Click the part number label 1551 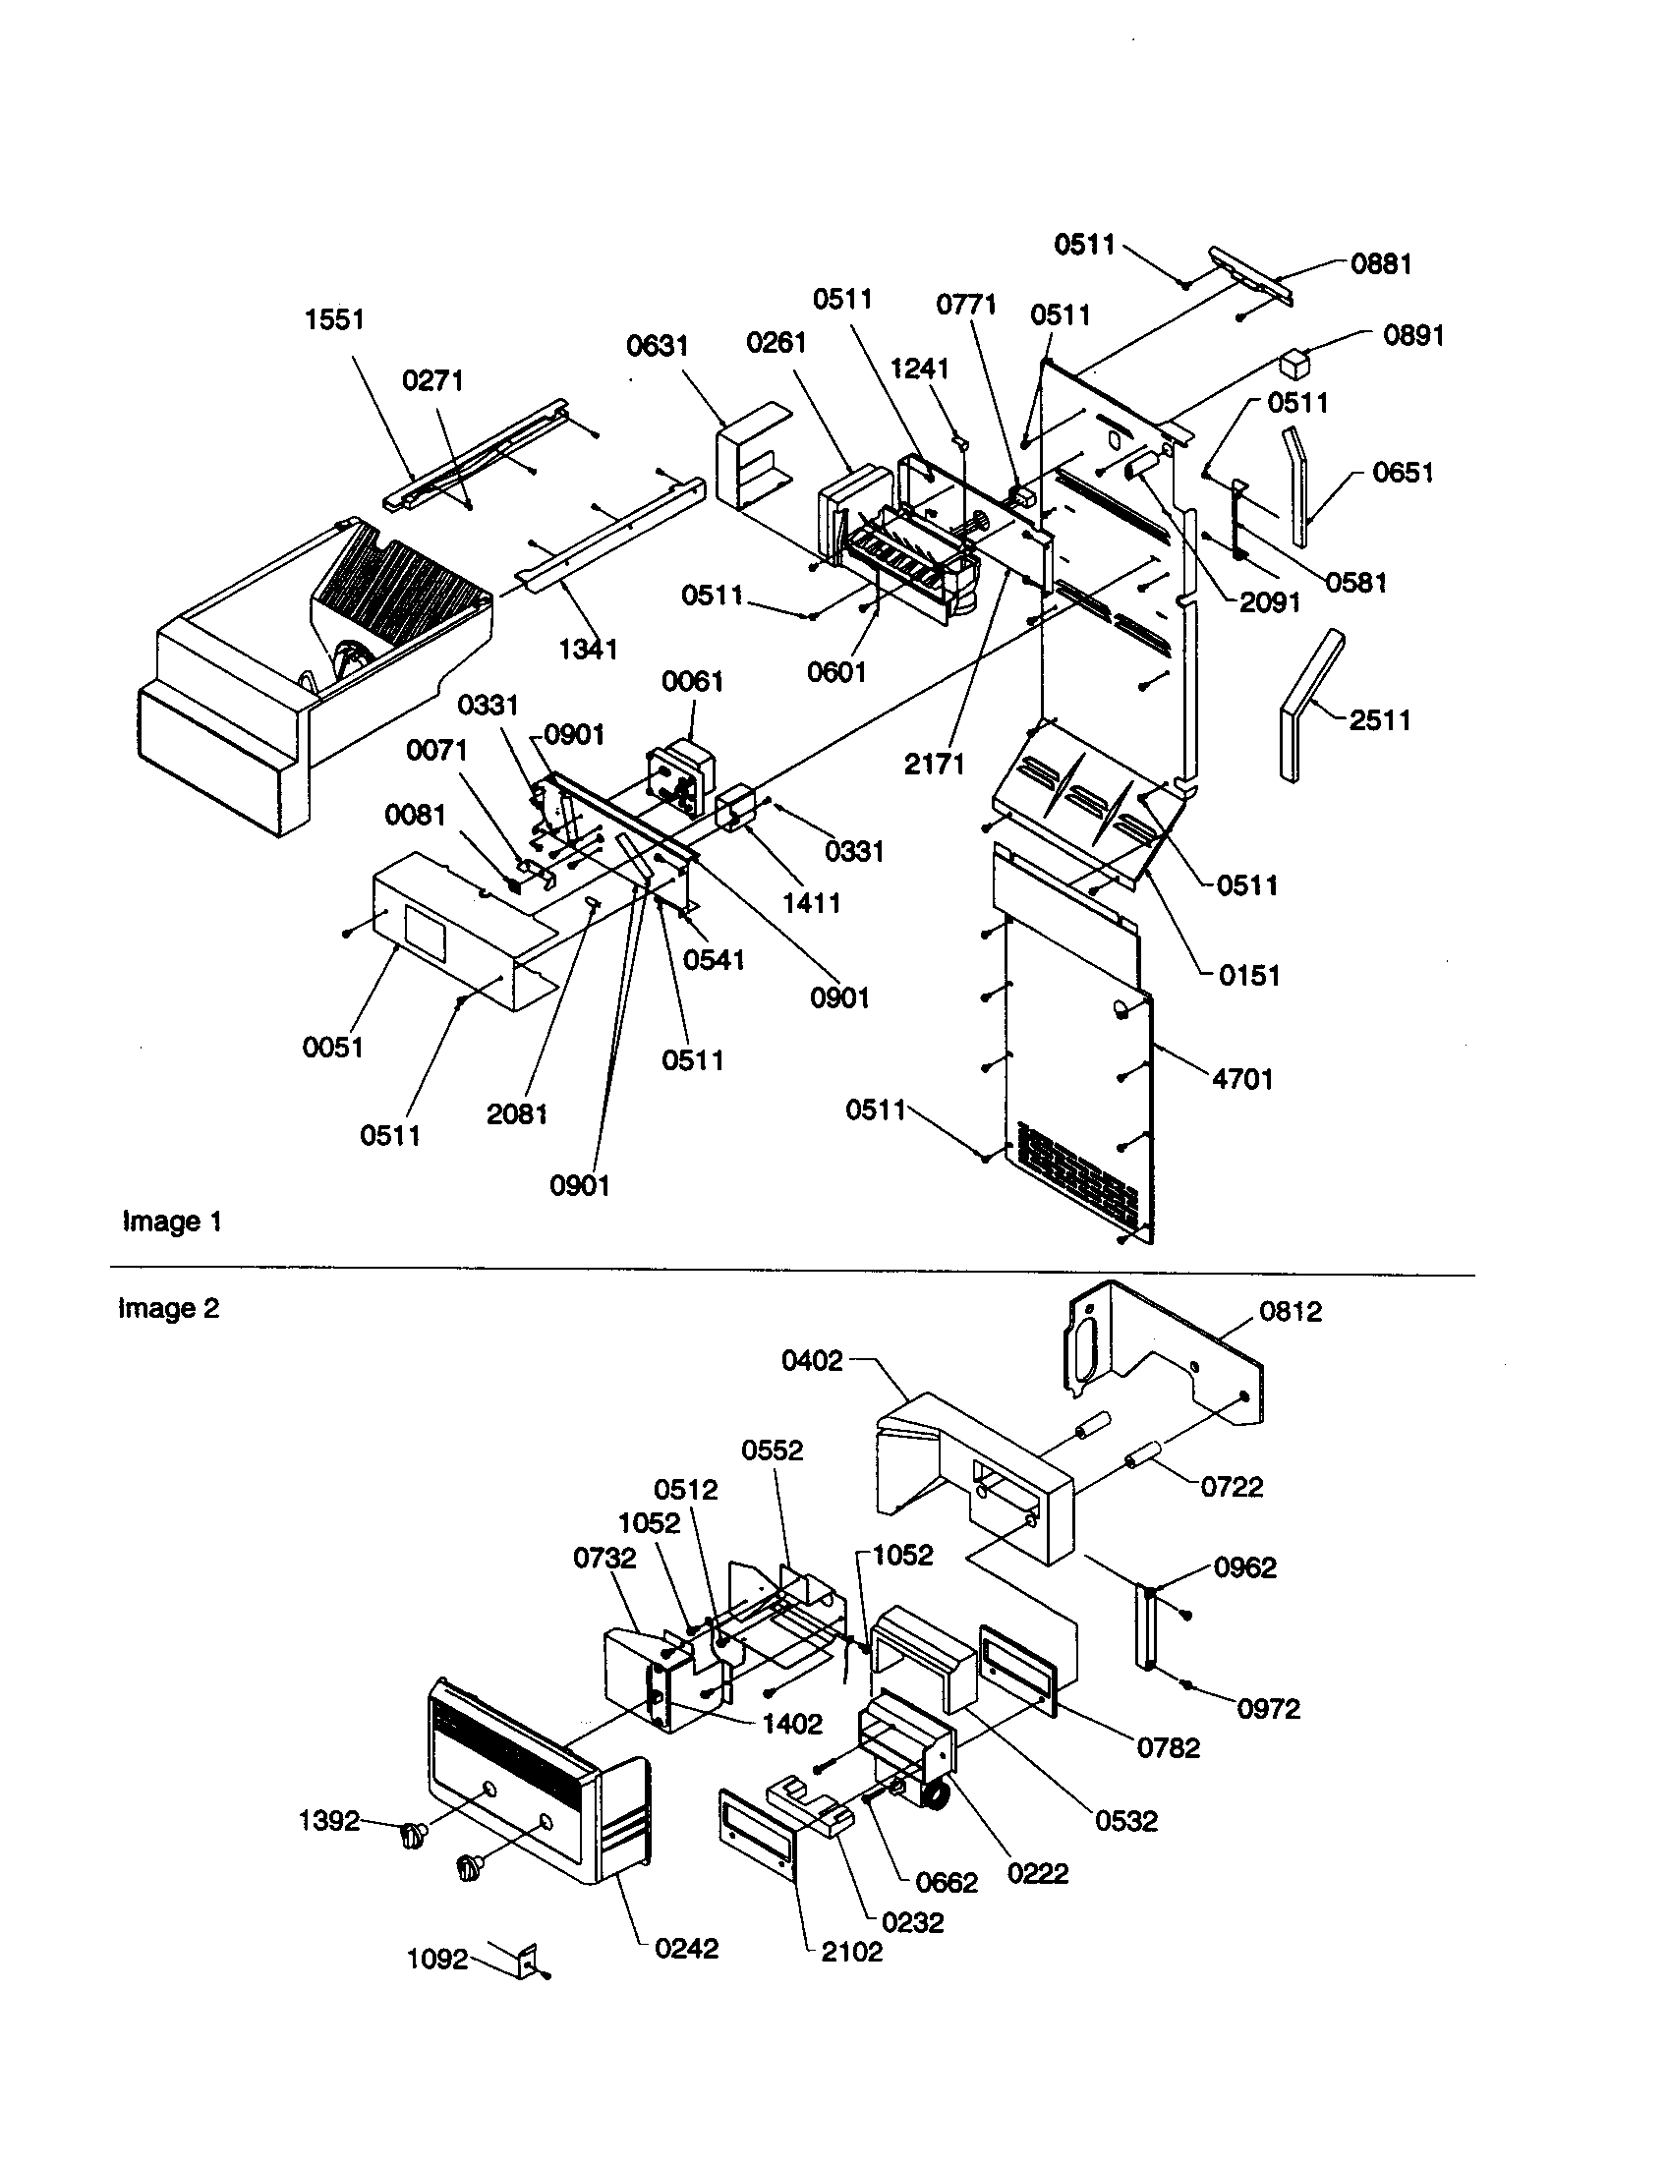click(x=334, y=319)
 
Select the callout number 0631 click(x=657, y=346)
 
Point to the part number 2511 click(x=1380, y=719)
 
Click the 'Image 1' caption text click(x=171, y=1222)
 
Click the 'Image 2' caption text click(x=168, y=1309)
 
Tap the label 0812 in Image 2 click(x=1291, y=1312)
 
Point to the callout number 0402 click(x=812, y=1361)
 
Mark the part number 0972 click(x=1268, y=1709)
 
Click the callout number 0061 click(x=692, y=681)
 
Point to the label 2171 click(x=934, y=764)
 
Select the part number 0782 click(x=1168, y=1748)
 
